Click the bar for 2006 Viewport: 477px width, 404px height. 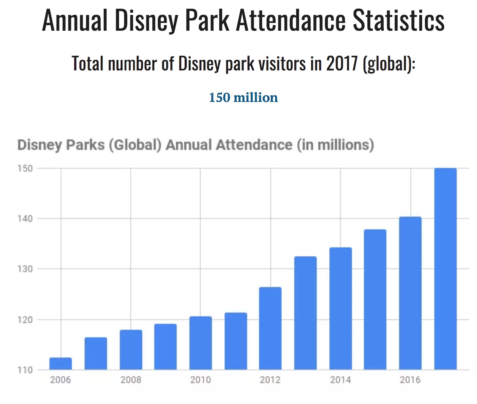(61, 364)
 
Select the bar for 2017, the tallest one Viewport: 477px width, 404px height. (446, 269)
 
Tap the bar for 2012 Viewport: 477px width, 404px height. (270, 328)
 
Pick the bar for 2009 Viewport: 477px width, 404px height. (165, 347)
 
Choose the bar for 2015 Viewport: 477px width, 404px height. (375, 299)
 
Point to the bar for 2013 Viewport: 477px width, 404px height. (306, 313)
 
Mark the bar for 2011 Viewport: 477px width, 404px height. (236, 341)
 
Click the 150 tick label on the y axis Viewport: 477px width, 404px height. (25, 169)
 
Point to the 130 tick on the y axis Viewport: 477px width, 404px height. (25, 269)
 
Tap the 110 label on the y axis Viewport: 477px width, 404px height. (25, 370)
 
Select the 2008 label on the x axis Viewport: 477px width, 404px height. (131, 380)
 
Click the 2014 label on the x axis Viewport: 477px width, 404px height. (340, 380)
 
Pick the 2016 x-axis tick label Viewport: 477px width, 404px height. (410, 380)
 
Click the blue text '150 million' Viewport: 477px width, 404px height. (243, 97)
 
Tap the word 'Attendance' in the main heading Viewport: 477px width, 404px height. (291, 20)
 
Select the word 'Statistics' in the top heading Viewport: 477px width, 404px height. (399, 20)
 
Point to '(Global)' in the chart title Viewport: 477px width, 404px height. (135, 145)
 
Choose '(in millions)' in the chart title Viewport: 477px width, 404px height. (335, 145)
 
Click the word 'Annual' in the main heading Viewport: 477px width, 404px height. (75, 20)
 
